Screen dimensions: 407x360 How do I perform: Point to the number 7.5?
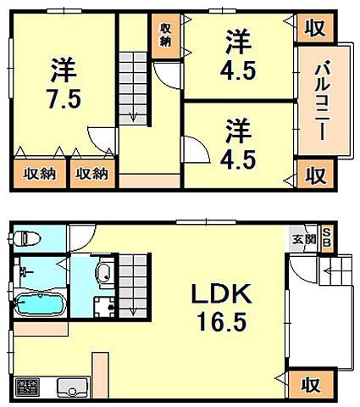(64, 98)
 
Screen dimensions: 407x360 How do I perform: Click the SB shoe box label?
(327, 240)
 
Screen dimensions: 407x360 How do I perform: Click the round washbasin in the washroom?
(102, 272)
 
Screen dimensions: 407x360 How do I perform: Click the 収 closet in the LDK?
(311, 385)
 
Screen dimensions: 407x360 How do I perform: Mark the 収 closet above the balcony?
(314, 28)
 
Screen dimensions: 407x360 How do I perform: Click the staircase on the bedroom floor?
(131, 85)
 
